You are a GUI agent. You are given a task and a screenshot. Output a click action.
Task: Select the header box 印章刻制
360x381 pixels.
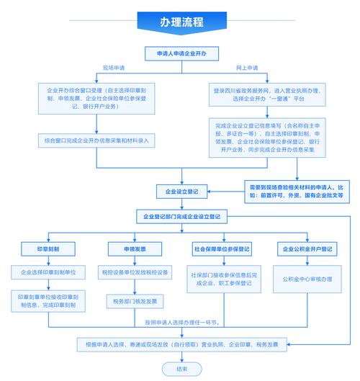pyautogui.click(x=49, y=248)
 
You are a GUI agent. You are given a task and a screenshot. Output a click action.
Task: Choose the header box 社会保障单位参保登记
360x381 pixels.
pyautogui.click(x=221, y=248)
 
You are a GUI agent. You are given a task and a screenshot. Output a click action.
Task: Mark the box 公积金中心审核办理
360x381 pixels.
pyautogui.click(x=307, y=278)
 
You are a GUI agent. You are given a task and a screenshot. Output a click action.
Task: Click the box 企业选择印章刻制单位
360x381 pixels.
pyautogui.click(x=49, y=272)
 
